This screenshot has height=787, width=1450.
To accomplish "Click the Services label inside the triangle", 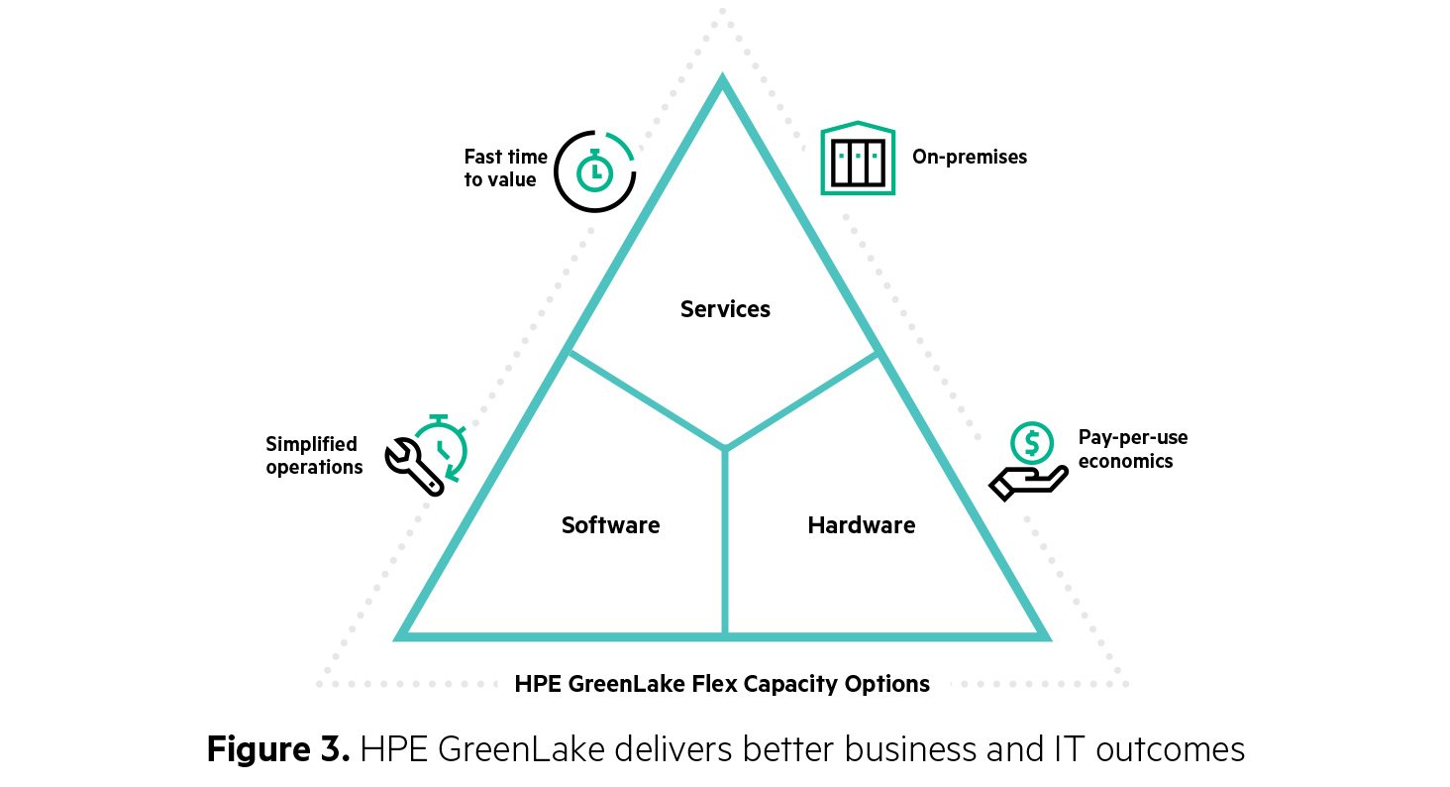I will pos(725,309).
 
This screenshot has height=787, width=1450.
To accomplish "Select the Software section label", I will pos(610,525).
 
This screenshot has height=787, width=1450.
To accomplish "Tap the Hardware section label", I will pos(861,525).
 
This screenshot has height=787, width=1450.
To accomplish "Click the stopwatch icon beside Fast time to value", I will pos(594,171).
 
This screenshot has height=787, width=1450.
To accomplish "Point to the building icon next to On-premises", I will pos(857,159).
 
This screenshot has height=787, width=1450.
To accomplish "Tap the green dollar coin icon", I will pos(1031,442).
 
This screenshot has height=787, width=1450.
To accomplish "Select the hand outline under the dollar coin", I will pos(1027,483).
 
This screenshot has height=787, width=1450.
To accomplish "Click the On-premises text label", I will pos(969,157).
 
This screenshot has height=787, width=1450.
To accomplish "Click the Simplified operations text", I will pos(314,456).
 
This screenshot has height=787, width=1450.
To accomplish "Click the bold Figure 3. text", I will pos(278,748).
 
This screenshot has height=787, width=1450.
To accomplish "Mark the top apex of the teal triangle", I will pos(723,82).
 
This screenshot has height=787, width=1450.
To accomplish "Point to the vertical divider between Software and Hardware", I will pos(725,545).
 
